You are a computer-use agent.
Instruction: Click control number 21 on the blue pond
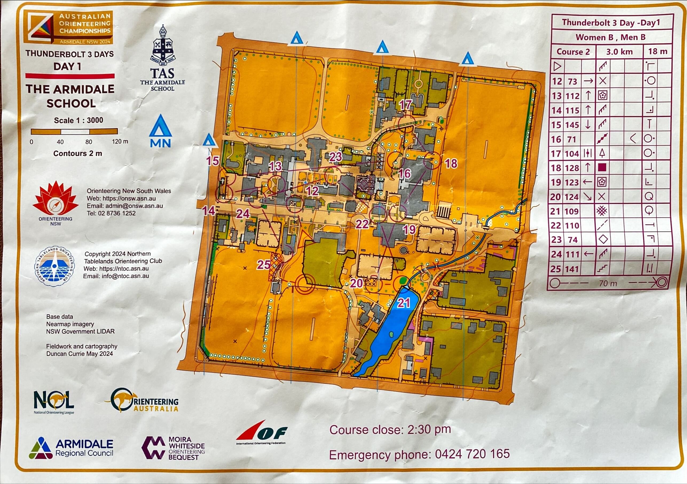(403, 303)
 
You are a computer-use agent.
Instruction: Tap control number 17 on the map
(405, 104)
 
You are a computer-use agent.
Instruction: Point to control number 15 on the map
(213, 161)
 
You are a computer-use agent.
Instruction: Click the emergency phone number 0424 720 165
(472, 454)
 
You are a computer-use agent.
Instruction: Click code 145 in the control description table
(572, 125)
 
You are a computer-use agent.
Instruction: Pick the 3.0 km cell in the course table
(619, 52)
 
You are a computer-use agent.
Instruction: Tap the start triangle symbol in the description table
(557, 66)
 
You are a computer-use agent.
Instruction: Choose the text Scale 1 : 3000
(78, 120)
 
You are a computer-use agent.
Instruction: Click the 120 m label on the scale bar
(120, 142)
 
